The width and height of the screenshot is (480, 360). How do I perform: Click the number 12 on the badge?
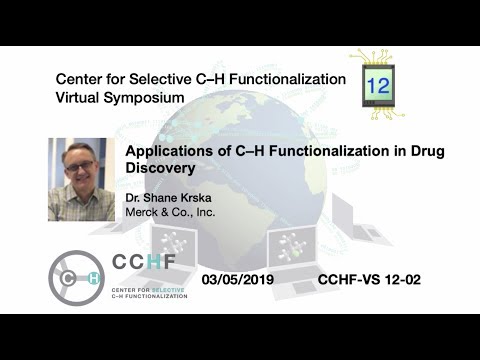(x=378, y=86)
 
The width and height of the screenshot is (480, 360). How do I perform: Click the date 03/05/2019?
(x=245, y=279)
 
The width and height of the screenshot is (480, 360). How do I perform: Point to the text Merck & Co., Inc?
(x=171, y=213)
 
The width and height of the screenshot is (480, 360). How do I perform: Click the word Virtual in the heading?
(x=83, y=98)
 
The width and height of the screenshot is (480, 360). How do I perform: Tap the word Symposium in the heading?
(x=149, y=98)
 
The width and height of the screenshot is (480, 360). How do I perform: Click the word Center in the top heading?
(x=82, y=78)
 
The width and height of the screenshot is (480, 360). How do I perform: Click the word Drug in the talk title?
(x=426, y=150)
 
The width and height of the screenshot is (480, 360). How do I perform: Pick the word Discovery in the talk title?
(x=159, y=168)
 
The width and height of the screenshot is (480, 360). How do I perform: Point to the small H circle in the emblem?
(x=93, y=279)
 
